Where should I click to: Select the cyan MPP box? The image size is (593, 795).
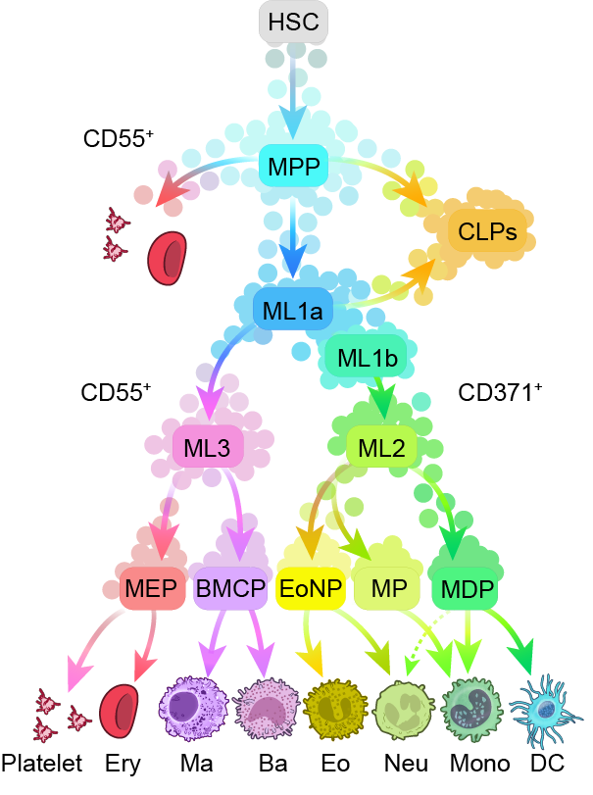click(x=292, y=167)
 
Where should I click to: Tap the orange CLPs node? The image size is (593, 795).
click(x=487, y=232)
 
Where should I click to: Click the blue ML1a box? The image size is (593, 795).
click(x=293, y=311)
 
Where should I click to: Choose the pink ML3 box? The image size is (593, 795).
click(x=208, y=449)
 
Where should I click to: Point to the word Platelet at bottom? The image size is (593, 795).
click(x=41, y=764)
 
